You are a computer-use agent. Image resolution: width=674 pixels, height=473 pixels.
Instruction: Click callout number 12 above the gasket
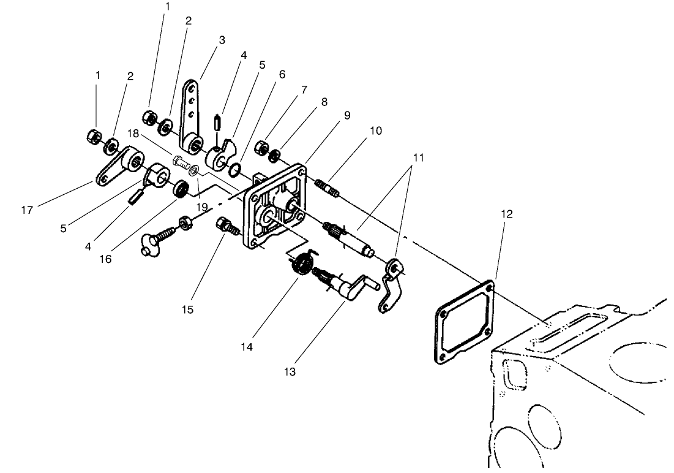click(506, 214)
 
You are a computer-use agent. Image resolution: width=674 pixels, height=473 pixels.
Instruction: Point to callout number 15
click(188, 309)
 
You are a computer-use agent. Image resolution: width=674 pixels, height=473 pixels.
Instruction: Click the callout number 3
click(222, 40)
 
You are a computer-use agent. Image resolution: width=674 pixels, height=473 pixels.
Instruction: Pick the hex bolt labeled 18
click(180, 163)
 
